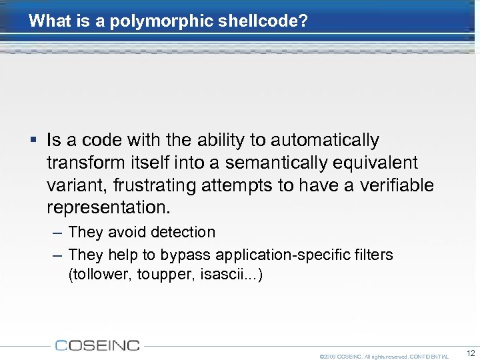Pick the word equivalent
pos(380,163)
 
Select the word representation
pos(109,207)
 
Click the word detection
pos(183,233)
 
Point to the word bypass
pos(185,255)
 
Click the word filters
pos(375,255)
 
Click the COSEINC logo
pos(97,345)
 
